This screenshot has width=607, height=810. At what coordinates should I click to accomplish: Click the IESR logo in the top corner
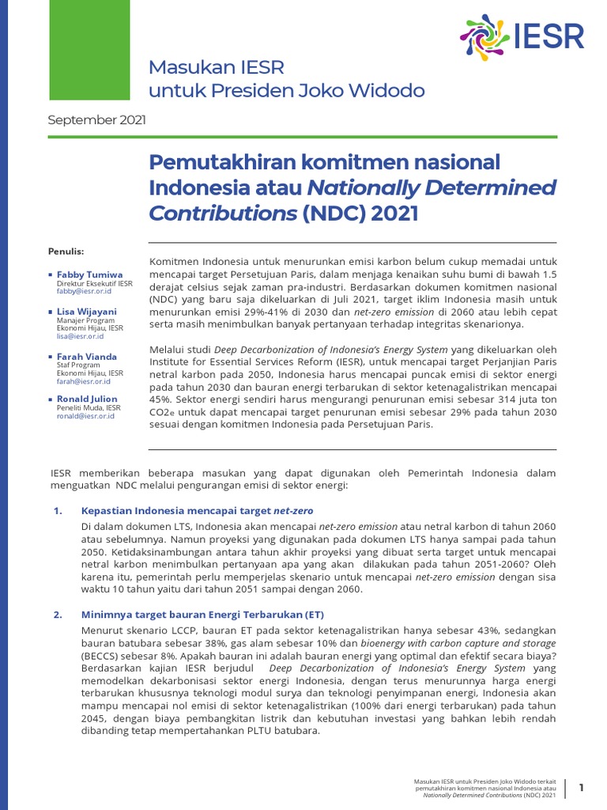pos(522,36)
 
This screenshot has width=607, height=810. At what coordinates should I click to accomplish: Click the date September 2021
pos(96,120)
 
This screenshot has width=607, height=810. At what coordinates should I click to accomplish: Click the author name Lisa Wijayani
pos(87,312)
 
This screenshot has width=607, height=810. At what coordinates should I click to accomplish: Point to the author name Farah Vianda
pos(87,357)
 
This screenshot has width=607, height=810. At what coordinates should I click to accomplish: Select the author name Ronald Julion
pos(87,399)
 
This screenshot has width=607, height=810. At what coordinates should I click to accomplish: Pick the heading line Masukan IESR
pos(217,66)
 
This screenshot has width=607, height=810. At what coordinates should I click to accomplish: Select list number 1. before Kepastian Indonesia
pos(58,511)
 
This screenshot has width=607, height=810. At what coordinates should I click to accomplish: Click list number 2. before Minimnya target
pos(58,614)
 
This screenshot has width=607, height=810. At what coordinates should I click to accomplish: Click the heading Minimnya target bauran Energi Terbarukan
pos(203,614)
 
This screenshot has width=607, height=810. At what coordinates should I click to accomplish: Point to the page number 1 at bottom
pos(582,787)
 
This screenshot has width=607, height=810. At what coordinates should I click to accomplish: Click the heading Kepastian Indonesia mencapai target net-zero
pos(202,511)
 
